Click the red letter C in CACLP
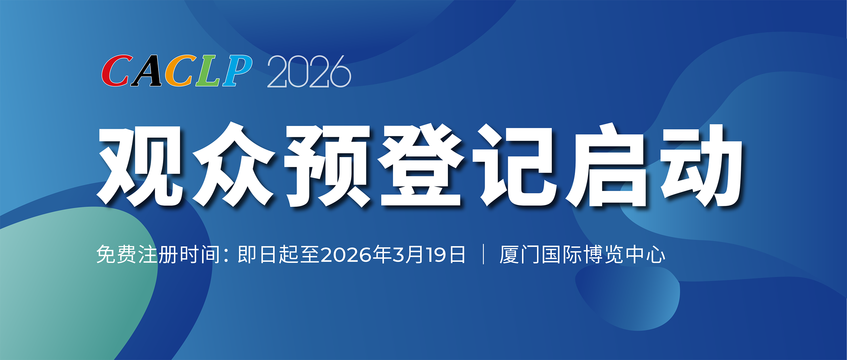click(116, 71)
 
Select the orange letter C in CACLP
click(180, 71)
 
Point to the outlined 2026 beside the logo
click(309, 72)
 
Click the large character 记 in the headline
click(515, 166)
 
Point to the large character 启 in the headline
click(606, 166)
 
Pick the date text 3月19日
click(429, 255)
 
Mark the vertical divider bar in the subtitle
click(483, 254)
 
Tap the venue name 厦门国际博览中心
click(582, 254)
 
